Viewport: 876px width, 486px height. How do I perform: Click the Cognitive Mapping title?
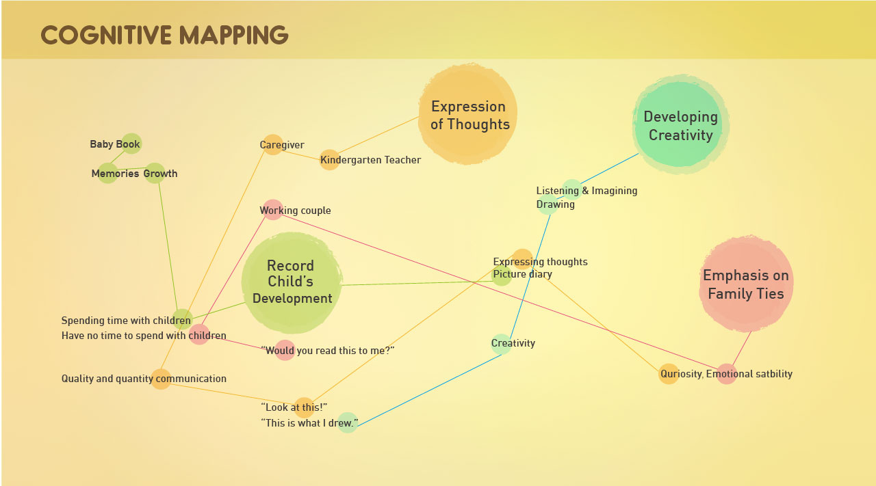[164, 35]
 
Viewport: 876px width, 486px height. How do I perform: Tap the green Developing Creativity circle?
[680, 125]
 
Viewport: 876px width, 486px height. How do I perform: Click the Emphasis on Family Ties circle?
[745, 284]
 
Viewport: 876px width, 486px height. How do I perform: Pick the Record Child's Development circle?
[292, 282]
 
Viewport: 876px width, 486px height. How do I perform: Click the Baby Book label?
[115, 144]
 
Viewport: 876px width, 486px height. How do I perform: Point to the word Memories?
[115, 174]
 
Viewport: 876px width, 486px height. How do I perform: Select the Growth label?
[160, 174]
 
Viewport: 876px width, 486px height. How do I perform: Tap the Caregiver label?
[282, 145]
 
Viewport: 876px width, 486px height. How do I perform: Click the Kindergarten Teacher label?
[370, 160]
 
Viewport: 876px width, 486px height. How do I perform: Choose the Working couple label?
[295, 211]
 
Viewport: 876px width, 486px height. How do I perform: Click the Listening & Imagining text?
[587, 191]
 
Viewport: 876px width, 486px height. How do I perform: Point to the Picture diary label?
[522, 274]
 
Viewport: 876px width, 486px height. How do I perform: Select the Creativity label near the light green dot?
[513, 343]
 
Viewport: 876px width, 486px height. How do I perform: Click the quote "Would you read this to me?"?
[328, 351]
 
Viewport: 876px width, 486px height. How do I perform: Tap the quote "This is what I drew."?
[309, 423]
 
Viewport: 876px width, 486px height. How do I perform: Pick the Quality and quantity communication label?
[144, 379]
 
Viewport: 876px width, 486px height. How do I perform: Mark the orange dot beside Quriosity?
[669, 374]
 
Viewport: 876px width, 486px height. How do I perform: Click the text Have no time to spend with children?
[144, 336]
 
